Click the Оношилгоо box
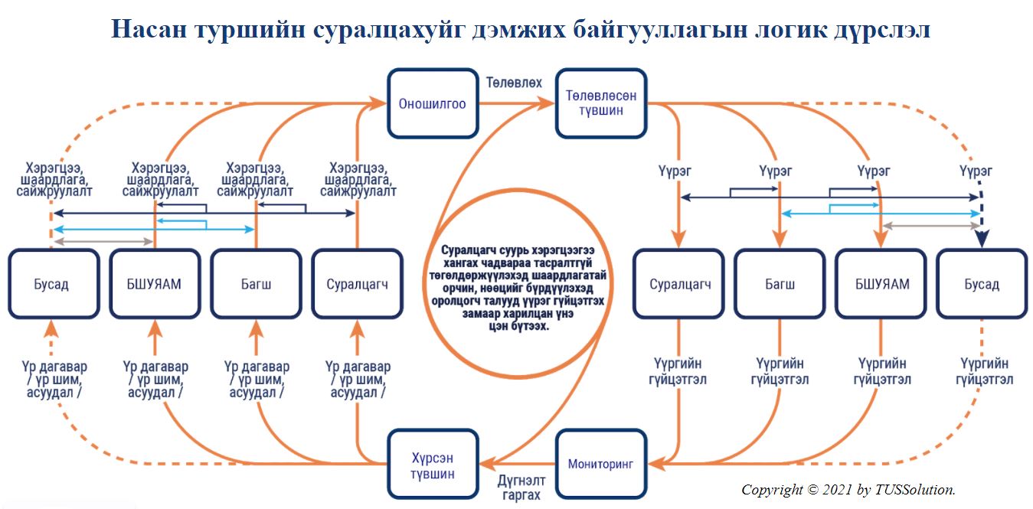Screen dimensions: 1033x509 point(433,104)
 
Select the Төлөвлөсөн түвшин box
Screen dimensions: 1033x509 point(601,104)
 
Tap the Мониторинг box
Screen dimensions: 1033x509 point(601,464)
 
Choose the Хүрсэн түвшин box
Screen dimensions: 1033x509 point(433,464)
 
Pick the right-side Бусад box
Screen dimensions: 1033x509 point(982,283)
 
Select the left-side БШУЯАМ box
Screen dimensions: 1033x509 point(155,283)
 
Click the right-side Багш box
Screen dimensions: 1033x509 point(780,283)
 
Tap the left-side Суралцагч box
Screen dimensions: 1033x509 point(358,283)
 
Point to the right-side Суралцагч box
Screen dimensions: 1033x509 point(678,283)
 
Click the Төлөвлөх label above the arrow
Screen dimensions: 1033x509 point(514,83)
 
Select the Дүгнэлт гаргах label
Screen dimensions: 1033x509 point(521,488)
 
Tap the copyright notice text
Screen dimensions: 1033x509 point(848,490)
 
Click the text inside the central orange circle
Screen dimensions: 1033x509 point(518,288)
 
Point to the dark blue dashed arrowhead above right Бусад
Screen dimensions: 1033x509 point(982,238)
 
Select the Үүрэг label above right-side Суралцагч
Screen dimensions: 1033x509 point(675,171)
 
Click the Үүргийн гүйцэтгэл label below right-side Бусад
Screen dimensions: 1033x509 point(984,371)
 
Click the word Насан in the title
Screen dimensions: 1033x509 point(149,29)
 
